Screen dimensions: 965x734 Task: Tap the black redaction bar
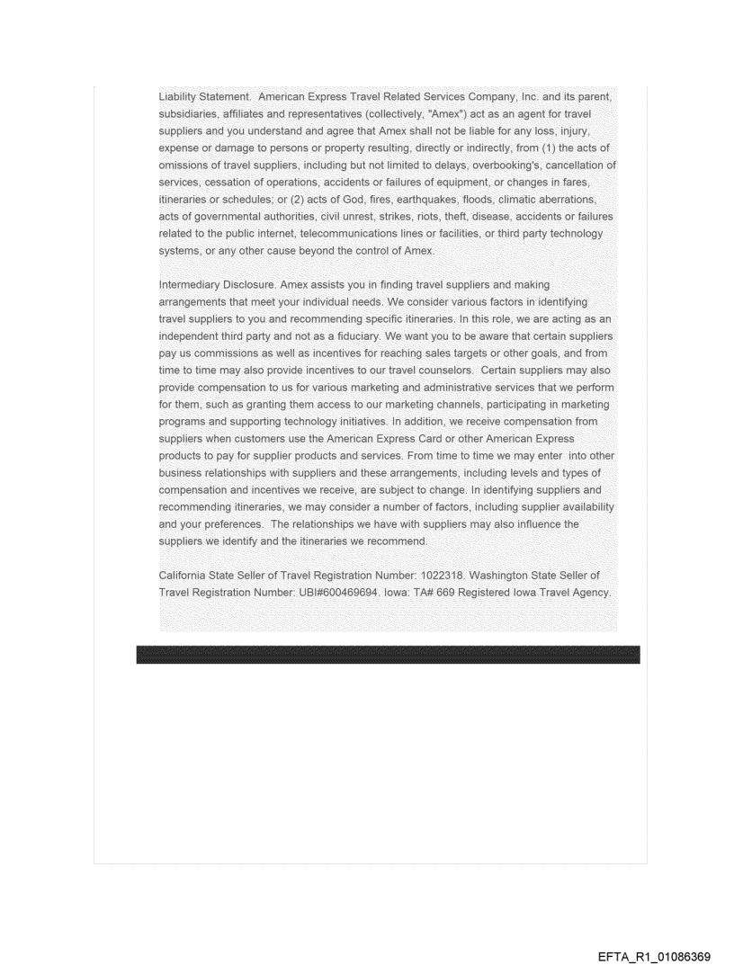coord(388,655)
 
